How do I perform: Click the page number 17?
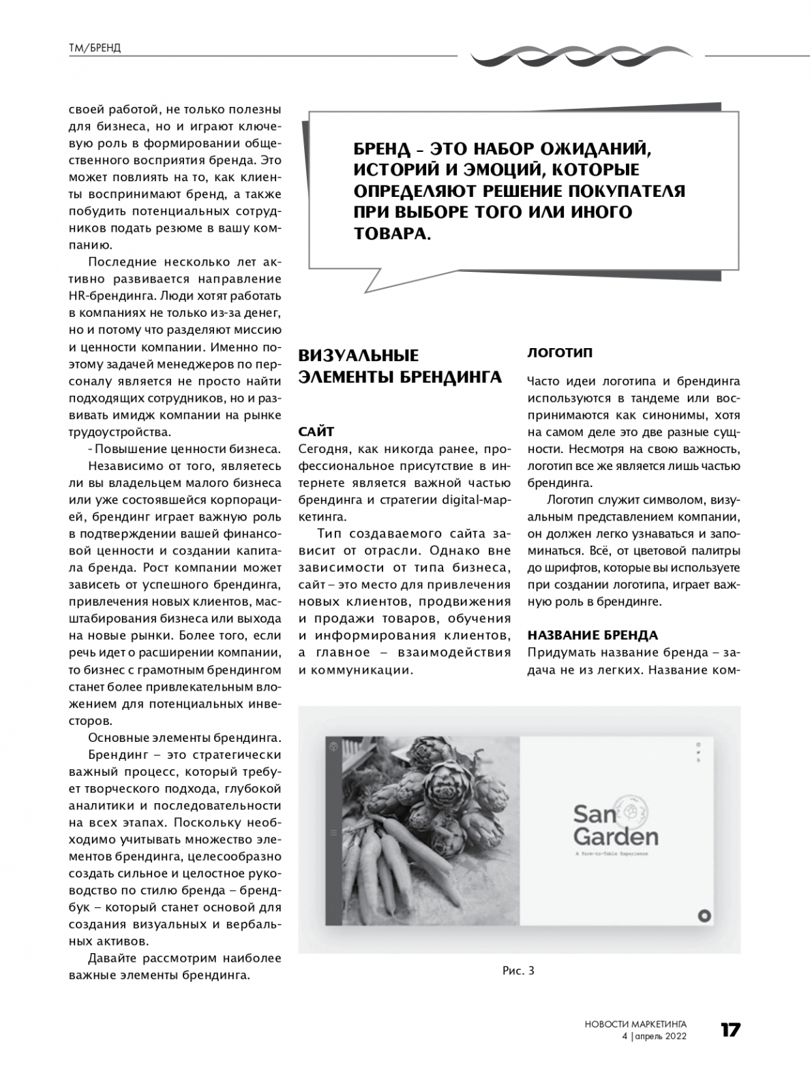[730, 1030]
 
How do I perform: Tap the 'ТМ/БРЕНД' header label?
[95, 48]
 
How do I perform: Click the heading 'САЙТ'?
[316, 432]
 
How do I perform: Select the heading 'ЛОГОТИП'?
[560, 353]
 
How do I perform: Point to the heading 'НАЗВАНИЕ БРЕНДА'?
[592, 635]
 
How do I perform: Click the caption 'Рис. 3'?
[518, 971]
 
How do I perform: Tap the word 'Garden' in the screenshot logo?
[616, 837]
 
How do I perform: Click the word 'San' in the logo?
[595, 813]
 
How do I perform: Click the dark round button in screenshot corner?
[704, 916]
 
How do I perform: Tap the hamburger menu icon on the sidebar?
[333, 832]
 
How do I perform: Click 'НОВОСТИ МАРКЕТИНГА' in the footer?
[635, 1023]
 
